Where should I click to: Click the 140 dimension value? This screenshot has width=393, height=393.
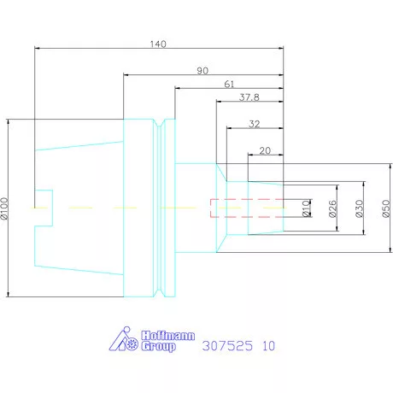tap(158, 44)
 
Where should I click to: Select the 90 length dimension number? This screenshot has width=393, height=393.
tap(202, 71)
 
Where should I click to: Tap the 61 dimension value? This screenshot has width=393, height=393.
tap(229, 84)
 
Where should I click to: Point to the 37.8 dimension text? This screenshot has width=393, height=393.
tap(249, 97)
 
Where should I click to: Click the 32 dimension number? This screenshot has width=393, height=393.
tap(255, 124)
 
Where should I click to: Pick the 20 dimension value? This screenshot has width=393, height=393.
tap(265, 150)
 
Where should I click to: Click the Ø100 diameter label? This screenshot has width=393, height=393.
tap(4, 208)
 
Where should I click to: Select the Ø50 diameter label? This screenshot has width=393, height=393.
tap(386, 208)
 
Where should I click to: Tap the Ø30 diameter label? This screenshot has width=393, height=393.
tap(360, 208)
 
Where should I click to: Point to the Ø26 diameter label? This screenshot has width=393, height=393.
tap(332, 208)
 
